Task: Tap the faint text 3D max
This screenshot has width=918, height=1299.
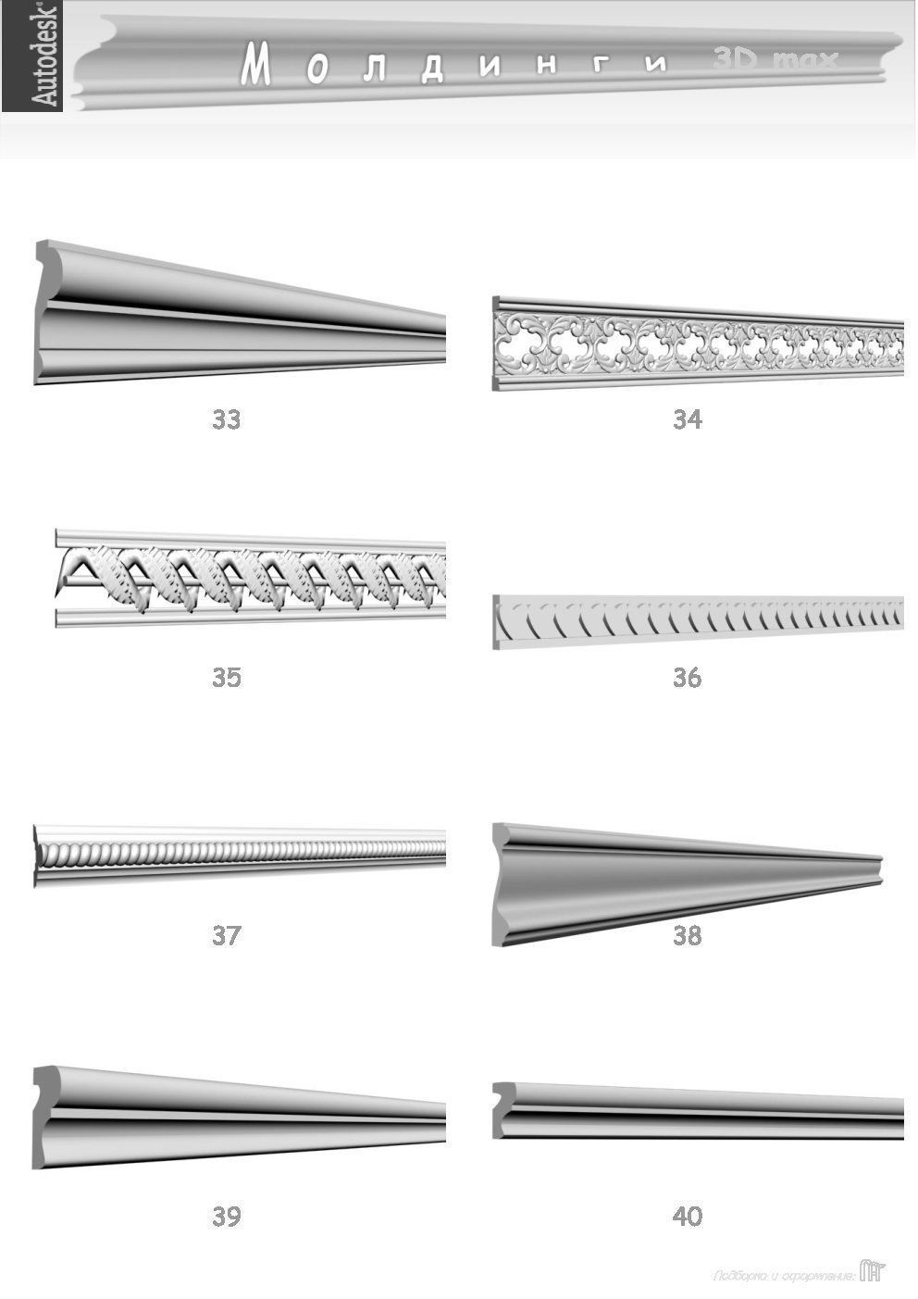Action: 775,60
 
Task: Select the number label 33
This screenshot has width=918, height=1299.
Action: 226,420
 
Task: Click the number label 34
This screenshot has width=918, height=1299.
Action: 688,420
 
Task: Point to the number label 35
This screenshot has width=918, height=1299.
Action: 226,678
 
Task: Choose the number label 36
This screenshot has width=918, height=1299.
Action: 688,678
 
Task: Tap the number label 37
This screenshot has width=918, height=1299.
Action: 226,935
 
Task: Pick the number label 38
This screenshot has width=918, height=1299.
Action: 688,935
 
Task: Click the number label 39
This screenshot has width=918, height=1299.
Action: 226,1217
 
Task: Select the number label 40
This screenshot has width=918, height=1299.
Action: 688,1217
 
